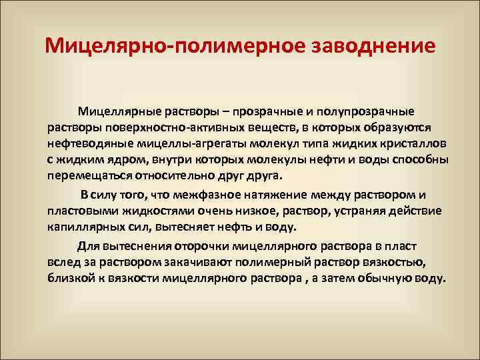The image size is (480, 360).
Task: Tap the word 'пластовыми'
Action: [x=80, y=211]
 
